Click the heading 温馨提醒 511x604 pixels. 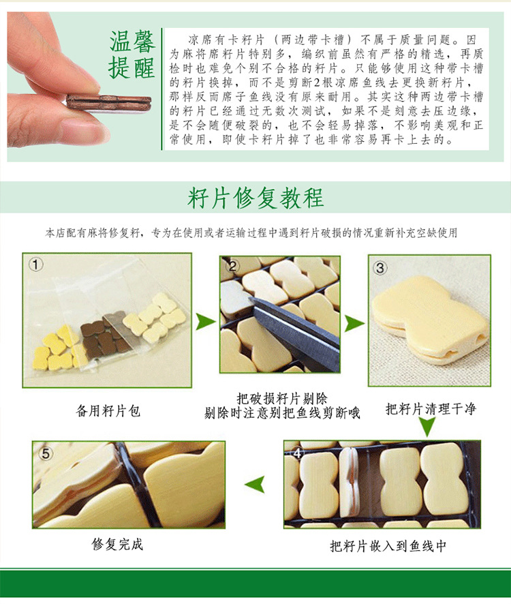coord(132,55)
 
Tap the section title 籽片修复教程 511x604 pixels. coord(255,198)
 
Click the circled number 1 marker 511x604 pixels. coord(36,265)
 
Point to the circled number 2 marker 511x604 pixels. coord(232,266)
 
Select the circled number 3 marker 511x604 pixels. coord(380,268)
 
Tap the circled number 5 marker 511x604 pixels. coord(46,453)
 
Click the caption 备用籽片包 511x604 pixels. coord(108,410)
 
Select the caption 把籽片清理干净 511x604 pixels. coord(431,409)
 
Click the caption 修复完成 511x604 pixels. coord(117,544)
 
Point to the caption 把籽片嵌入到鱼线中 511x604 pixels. coord(388,545)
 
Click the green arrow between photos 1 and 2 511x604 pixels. coord(206,322)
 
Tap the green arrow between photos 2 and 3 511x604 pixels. coord(354,323)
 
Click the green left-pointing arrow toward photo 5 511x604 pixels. coord(255,484)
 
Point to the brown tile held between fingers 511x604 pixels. coord(108,102)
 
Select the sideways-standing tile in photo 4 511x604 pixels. coord(350,482)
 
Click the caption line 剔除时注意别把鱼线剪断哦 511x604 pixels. coord(282,413)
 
